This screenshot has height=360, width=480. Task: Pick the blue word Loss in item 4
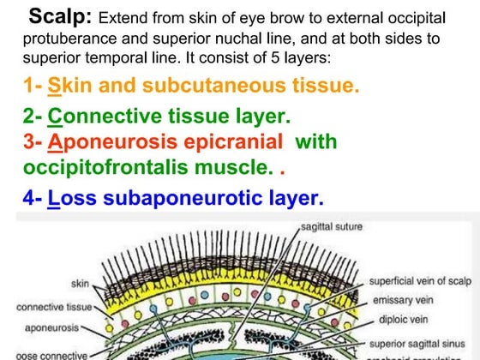(69, 199)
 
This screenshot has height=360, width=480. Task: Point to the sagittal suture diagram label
(332, 227)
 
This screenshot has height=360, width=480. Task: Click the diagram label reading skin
(79, 283)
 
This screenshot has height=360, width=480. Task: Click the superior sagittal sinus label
(417, 341)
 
